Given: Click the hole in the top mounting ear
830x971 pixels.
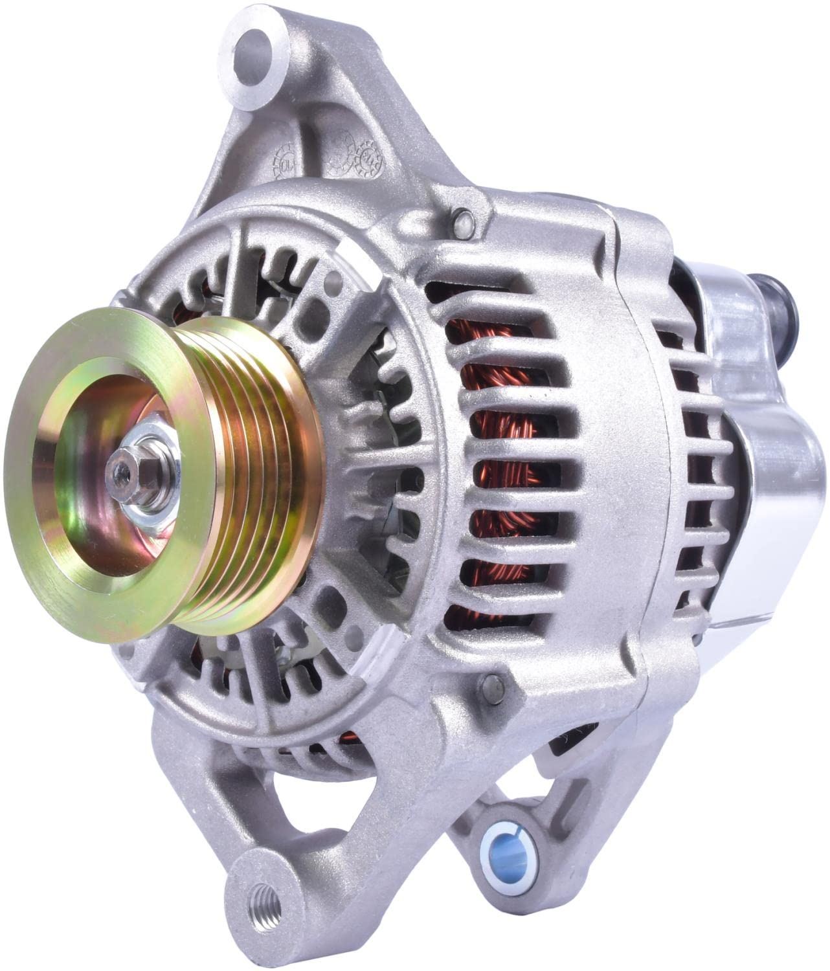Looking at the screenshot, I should click(x=254, y=49).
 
